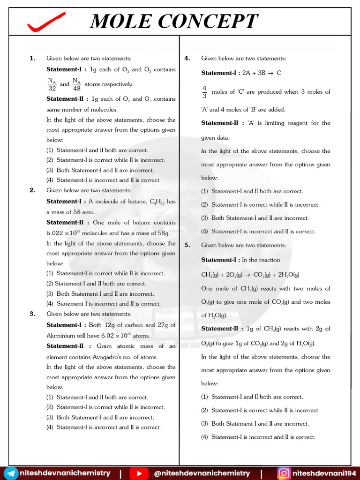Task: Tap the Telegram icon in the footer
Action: [12, 473]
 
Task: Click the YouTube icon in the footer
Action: [139, 473]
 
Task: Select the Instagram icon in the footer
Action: [284, 473]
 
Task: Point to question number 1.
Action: [32, 58]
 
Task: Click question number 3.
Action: [32, 314]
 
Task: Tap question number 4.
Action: [187, 58]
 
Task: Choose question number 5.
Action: [187, 245]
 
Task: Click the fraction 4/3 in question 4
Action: [204, 92]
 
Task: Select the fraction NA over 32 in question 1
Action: [52, 84]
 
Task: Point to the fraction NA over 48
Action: [77, 84]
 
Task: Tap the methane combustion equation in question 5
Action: [250, 275]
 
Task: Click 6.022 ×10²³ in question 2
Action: [65, 233]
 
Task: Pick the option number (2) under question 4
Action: [205, 205]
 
